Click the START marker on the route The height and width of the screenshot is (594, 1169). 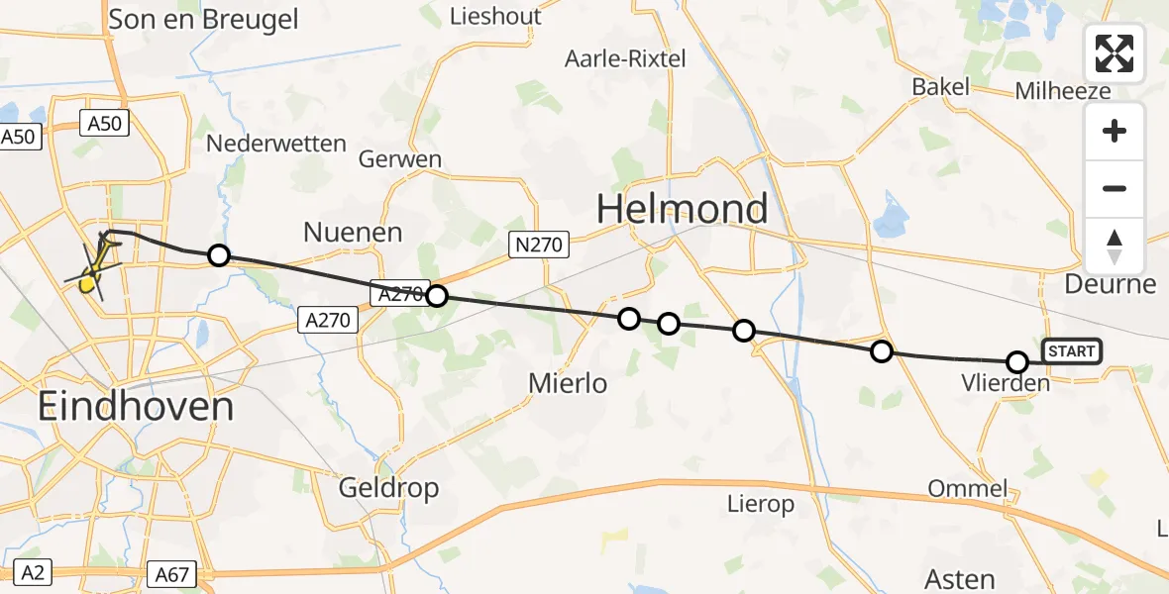click(1071, 351)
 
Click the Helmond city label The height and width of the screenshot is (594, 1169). click(682, 209)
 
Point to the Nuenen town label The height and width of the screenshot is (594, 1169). click(354, 234)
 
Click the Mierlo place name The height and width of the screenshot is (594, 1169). click(569, 383)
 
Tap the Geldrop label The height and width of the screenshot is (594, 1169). click(388, 488)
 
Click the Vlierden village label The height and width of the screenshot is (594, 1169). click(1006, 382)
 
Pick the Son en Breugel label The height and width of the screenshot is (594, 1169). click(203, 19)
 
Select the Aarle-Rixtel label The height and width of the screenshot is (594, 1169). click(625, 59)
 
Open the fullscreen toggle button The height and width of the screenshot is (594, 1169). click(1115, 53)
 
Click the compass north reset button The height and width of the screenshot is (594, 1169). click(1115, 247)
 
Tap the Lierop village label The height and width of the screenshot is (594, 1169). click(760, 505)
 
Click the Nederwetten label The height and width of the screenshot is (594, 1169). click(276, 145)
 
